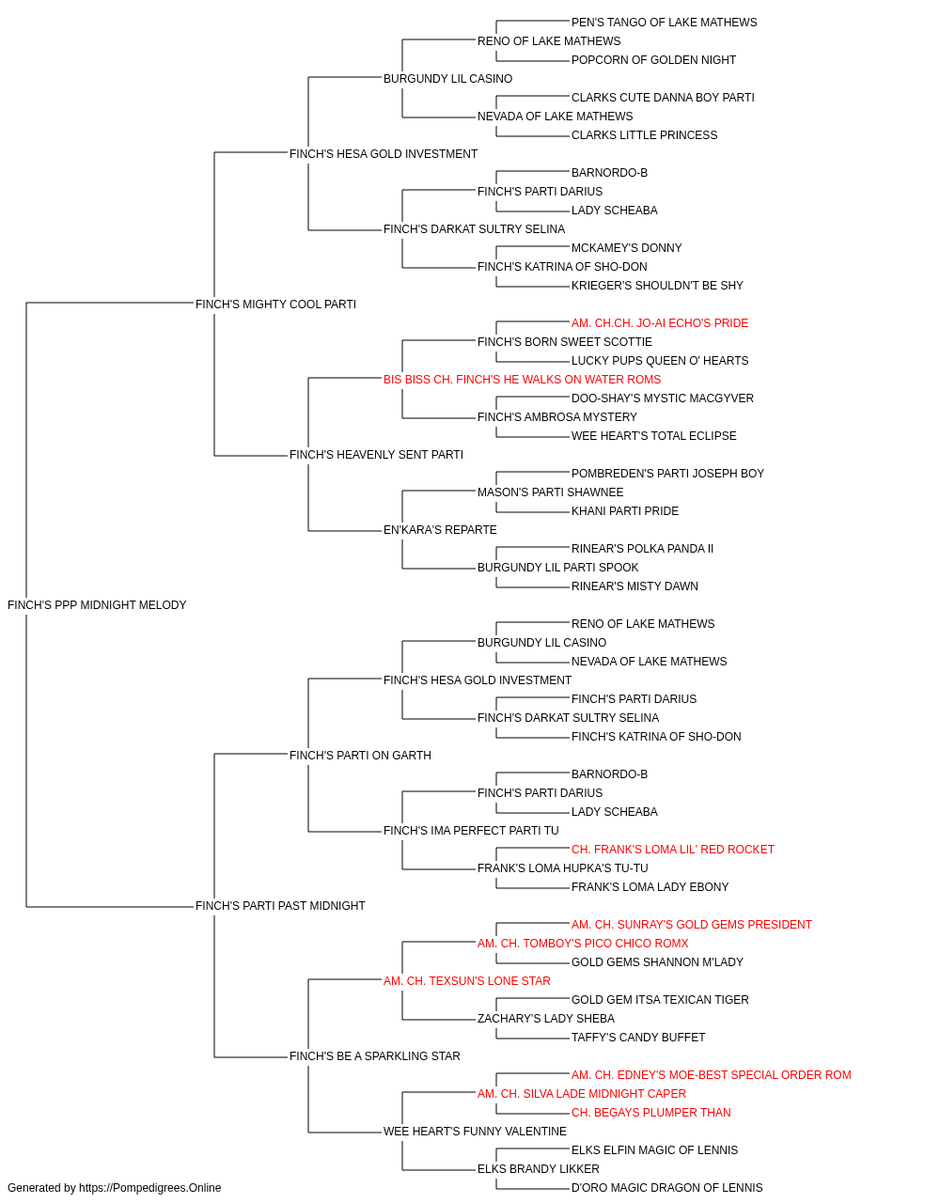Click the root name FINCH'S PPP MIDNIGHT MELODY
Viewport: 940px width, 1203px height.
click(x=97, y=605)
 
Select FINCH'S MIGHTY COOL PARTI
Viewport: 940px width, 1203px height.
click(x=275, y=305)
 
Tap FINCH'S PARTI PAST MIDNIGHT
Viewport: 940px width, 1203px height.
click(x=280, y=906)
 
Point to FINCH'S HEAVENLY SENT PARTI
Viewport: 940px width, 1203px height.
click(x=376, y=455)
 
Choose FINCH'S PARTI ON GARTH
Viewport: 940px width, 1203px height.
click(x=360, y=756)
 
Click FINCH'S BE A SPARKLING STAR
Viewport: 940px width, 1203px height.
click(x=375, y=1056)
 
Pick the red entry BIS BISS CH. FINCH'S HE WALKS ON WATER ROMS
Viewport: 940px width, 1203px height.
click(x=522, y=380)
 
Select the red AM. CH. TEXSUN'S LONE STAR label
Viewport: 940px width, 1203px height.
click(x=467, y=981)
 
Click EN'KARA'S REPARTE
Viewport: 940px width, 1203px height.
click(x=440, y=530)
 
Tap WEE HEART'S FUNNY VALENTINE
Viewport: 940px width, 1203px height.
click(x=475, y=1132)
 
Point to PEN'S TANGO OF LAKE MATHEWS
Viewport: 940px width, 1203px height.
click(x=665, y=23)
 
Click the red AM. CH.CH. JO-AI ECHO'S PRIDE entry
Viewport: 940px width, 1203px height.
click(x=660, y=323)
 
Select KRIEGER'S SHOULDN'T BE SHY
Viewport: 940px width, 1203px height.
click(x=657, y=286)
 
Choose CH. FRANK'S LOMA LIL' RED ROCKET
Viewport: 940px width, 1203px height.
click(x=673, y=850)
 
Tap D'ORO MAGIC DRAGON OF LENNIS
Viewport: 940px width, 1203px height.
click(x=667, y=1188)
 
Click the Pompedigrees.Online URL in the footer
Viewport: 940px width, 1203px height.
click(x=150, y=1188)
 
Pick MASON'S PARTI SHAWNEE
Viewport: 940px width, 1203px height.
click(x=550, y=492)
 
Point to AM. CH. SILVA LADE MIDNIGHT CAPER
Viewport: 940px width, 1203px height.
click(x=582, y=1094)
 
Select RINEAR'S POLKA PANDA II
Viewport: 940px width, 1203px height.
click(x=642, y=549)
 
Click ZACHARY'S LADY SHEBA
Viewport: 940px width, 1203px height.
click(x=546, y=1019)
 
